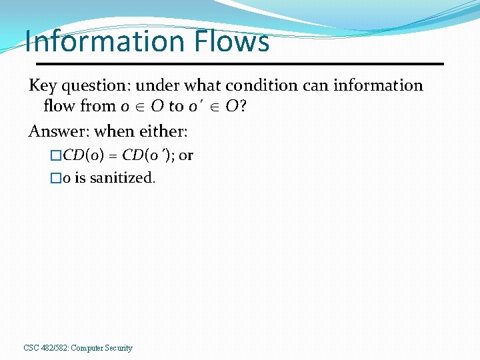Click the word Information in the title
(106, 41)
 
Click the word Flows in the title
(233, 41)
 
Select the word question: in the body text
(92, 86)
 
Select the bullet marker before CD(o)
(56, 156)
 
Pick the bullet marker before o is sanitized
(56, 179)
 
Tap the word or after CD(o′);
(186, 156)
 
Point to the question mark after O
(244, 106)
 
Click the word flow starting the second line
(59, 106)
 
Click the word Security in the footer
(117, 348)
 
